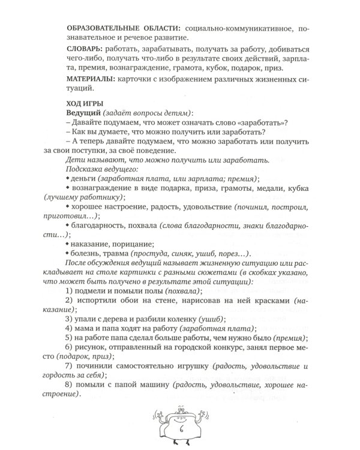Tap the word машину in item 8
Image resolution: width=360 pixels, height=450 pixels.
pyautogui.click(x=152, y=386)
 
